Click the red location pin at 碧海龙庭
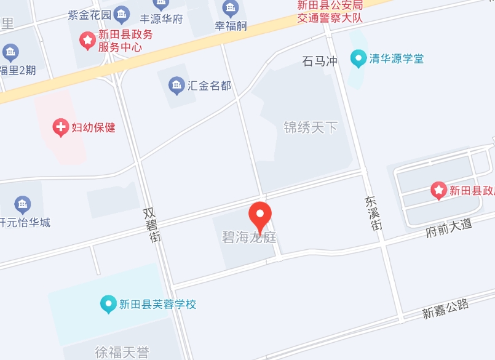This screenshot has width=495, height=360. (260, 215)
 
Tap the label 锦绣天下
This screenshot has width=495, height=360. (311, 127)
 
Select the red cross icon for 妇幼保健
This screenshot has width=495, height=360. (61, 127)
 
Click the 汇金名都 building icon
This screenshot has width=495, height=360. (176, 85)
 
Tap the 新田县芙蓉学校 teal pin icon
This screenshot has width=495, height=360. (108, 303)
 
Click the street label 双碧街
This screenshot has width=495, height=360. (151, 224)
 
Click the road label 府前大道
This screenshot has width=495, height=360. (449, 228)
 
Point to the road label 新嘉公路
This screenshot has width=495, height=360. (445, 308)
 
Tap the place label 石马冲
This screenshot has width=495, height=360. (320, 61)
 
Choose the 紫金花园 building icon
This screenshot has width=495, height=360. (122, 14)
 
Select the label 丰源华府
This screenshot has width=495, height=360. (162, 18)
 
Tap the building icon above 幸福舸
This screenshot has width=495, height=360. (231, 8)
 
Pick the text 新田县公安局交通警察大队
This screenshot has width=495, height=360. (330, 11)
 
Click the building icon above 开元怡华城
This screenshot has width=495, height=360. (23, 204)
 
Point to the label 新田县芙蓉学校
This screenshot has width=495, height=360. (157, 304)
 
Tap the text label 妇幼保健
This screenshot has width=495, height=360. (93, 128)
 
